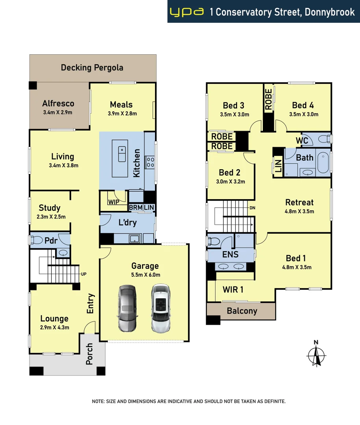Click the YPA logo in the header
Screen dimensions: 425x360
tap(186, 12)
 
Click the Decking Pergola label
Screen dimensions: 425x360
tap(92, 68)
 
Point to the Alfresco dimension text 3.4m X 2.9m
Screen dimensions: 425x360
tap(58, 113)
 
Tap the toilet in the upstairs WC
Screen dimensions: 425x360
tap(324, 139)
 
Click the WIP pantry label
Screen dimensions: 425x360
tap(113, 202)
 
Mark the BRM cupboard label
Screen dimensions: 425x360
tap(135, 207)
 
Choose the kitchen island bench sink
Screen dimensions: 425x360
tap(122, 150)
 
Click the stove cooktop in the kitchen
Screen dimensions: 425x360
tap(150, 162)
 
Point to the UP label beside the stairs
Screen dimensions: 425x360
tap(84, 274)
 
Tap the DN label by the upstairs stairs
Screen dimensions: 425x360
tap(252, 208)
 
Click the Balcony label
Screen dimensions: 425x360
tap(242, 311)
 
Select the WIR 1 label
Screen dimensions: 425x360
tap(233, 290)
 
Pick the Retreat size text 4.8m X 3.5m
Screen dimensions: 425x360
tap(299, 211)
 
